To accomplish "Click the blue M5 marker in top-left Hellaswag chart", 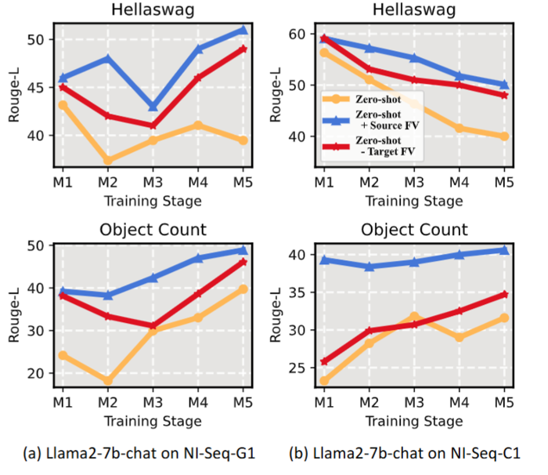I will click(243, 30).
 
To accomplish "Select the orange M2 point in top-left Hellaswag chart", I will click(108, 161).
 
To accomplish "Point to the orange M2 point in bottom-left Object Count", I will click(108, 382).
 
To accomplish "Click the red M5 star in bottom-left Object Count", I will click(243, 262).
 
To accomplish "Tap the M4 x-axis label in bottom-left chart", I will click(198, 403).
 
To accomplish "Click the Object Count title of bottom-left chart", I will click(153, 230).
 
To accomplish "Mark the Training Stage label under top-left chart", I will click(153, 201).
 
